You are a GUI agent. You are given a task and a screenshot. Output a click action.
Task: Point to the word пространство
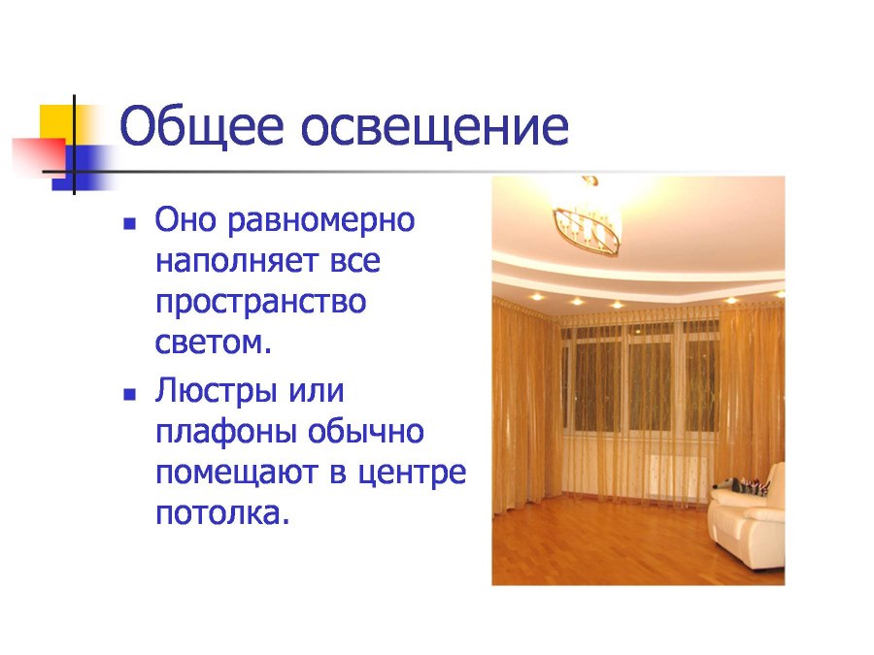[260, 303]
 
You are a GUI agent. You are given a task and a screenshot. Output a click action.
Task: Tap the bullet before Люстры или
[128, 394]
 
